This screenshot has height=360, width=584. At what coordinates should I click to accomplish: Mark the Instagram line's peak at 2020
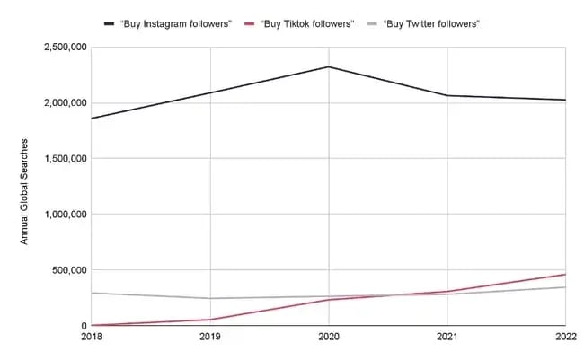click(329, 66)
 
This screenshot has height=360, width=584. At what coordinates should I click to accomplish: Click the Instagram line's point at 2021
click(447, 95)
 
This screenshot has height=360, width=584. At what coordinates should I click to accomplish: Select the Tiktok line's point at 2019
click(210, 320)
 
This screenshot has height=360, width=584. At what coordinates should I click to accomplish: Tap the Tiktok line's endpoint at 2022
click(565, 275)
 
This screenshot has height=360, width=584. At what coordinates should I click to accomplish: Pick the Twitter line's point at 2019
click(210, 298)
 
